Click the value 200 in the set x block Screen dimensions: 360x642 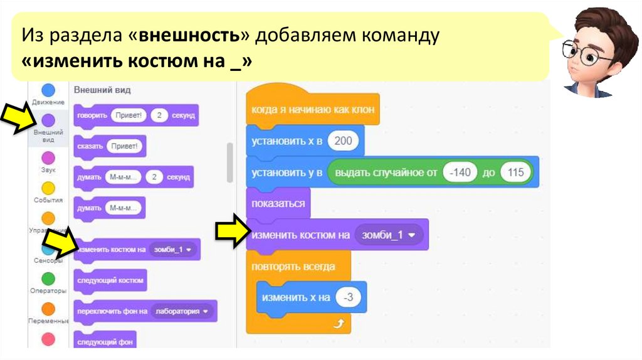click(x=343, y=141)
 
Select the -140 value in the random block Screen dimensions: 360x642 click(x=460, y=172)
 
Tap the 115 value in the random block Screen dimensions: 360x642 click(x=516, y=172)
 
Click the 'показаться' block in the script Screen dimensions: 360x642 click(x=278, y=204)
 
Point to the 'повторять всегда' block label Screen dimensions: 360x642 click(x=293, y=267)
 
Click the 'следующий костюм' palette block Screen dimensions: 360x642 click(x=110, y=281)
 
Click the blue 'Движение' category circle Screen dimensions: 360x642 click(x=48, y=90)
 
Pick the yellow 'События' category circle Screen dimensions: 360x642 click(x=48, y=188)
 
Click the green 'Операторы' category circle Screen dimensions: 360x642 click(x=48, y=278)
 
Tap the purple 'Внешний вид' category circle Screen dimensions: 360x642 click(x=48, y=120)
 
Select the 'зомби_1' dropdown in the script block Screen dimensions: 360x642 click(x=389, y=235)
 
